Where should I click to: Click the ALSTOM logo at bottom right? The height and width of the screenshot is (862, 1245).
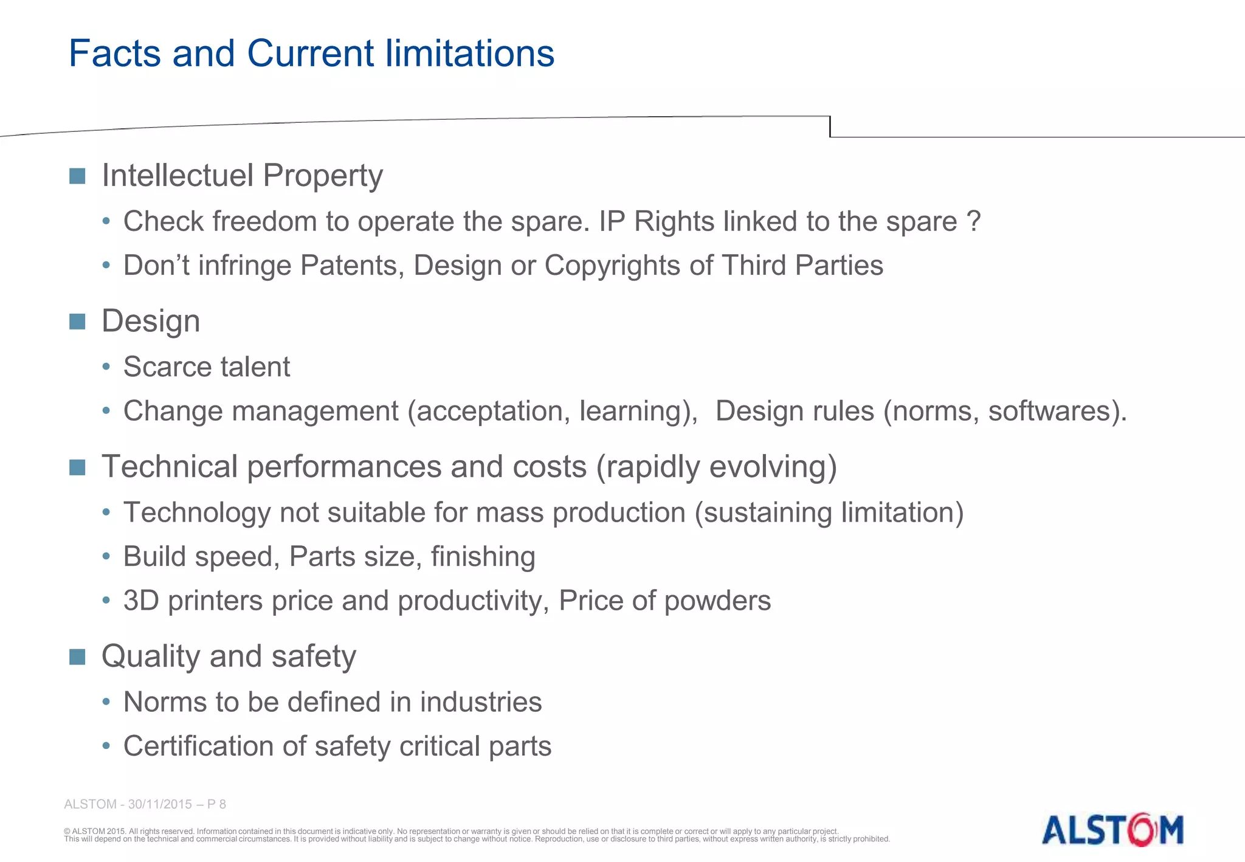point(1112,830)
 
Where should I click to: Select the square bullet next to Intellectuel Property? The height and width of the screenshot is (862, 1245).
point(77,176)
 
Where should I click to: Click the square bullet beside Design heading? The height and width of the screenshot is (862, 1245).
point(77,322)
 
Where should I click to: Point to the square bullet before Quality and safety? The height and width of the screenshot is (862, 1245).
point(77,657)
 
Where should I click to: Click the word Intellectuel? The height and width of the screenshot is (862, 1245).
point(178,176)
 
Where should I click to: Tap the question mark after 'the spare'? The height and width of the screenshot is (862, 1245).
point(973,221)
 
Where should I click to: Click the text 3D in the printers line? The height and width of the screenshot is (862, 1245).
point(140,601)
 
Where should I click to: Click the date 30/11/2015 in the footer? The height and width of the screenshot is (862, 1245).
point(160,804)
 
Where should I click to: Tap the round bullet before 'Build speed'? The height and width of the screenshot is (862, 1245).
point(106,556)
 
